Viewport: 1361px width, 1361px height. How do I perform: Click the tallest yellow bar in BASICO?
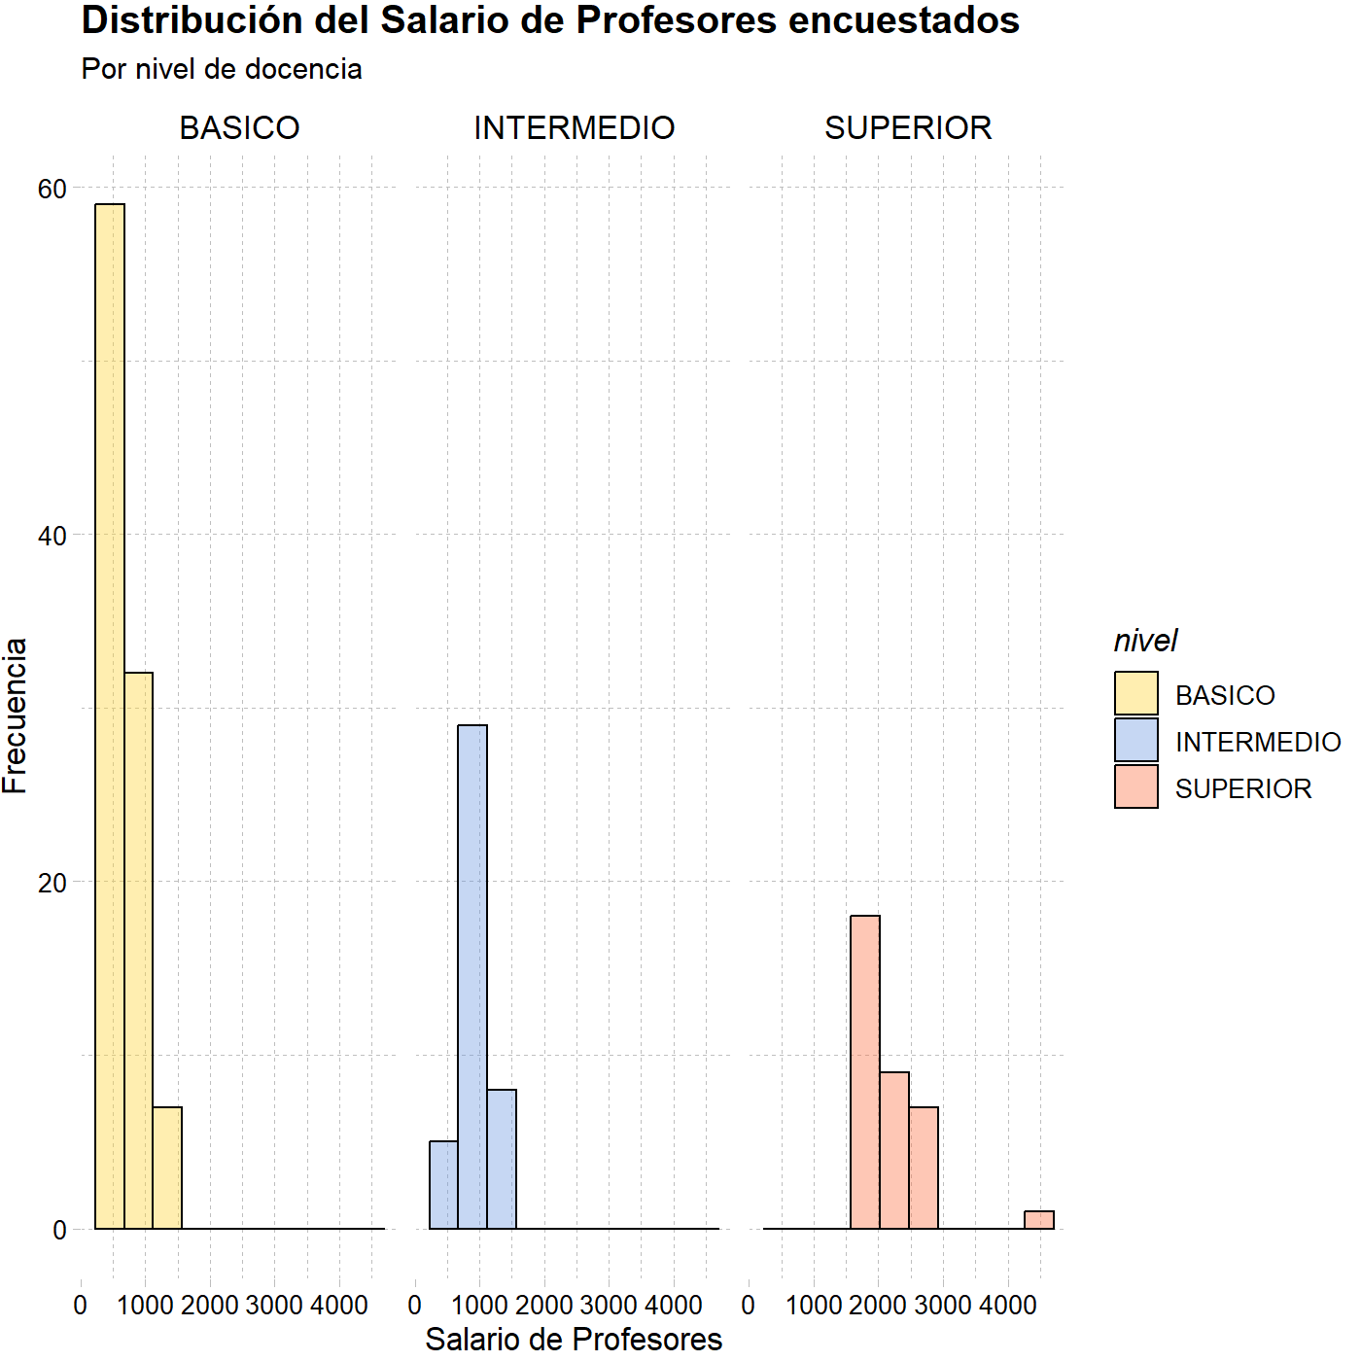(x=110, y=716)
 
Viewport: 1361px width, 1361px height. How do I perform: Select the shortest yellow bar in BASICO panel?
(x=167, y=1169)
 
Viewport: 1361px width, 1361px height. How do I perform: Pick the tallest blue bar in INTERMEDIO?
(x=472, y=977)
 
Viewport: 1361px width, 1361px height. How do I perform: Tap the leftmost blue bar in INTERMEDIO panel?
(x=443, y=1185)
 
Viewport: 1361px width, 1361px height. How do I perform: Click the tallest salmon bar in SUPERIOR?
(x=865, y=1072)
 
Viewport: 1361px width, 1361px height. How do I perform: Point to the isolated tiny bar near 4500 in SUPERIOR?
(x=1039, y=1220)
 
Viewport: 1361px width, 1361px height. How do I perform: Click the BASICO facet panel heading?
(x=239, y=128)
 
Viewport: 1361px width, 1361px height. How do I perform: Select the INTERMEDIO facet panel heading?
(x=575, y=128)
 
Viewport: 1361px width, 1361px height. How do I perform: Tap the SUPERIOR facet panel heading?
(x=908, y=128)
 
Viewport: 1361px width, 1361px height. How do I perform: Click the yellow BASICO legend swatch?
(x=1136, y=693)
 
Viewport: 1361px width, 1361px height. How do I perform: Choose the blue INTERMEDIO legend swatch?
(x=1136, y=740)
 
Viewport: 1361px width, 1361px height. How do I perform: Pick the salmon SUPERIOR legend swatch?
(x=1136, y=786)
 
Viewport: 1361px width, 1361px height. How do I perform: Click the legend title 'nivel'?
(x=1145, y=641)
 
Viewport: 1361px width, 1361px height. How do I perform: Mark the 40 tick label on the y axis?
(x=52, y=536)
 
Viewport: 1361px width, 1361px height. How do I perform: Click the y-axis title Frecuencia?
(x=15, y=716)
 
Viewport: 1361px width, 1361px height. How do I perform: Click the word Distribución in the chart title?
(x=192, y=20)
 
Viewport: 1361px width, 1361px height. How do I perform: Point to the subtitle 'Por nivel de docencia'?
(x=222, y=69)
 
